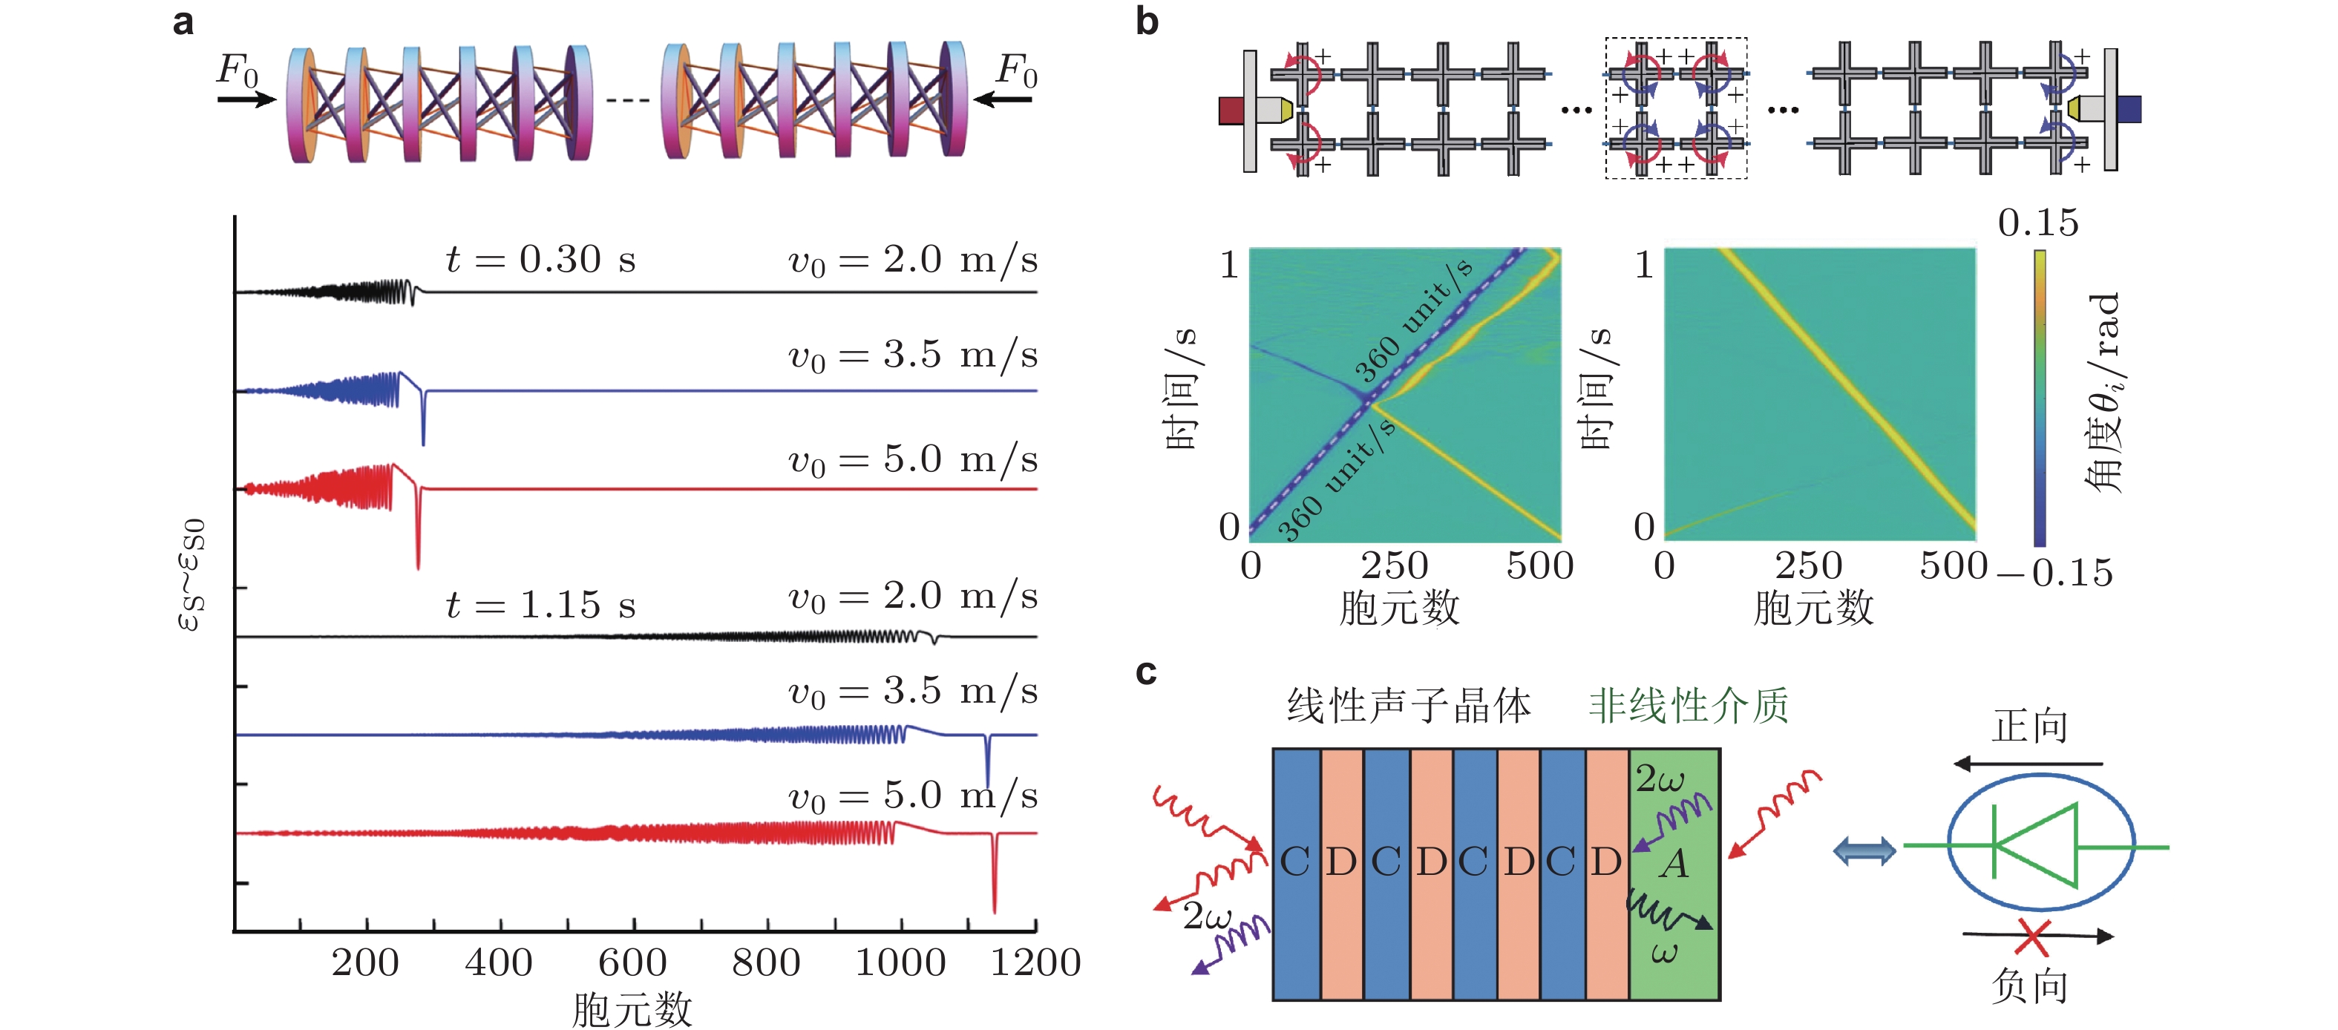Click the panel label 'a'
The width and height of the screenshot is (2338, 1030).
(x=183, y=22)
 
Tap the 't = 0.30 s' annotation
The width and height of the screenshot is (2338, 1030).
(x=541, y=260)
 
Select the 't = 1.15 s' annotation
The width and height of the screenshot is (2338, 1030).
(x=541, y=606)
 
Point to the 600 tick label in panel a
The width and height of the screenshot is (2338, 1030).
(x=632, y=963)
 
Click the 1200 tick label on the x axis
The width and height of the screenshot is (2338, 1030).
(x=1035, y=963)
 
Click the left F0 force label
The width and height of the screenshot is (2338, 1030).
(x=238, y=70)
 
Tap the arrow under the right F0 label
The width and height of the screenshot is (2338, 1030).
(x=1003, y=99)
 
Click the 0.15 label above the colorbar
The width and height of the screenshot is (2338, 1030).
(x=2037, y=223)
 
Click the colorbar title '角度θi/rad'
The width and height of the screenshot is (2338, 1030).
(x=2104, y=392)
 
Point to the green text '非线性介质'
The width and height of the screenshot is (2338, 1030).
(x=1688, y=706)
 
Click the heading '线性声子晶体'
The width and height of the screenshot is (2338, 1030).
(x=1409, y=706)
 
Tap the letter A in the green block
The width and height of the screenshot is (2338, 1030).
(x=1674, y=864)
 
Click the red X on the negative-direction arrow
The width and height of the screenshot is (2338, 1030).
(x=2031, y=937)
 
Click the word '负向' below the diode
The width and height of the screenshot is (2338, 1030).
(x=2029, y=986)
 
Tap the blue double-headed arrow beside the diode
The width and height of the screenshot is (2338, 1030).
(x=1864, y=850)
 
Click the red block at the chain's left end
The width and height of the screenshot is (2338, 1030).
(x=1231, y=111)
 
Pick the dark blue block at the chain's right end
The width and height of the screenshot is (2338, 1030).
(x=2129, y=110)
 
